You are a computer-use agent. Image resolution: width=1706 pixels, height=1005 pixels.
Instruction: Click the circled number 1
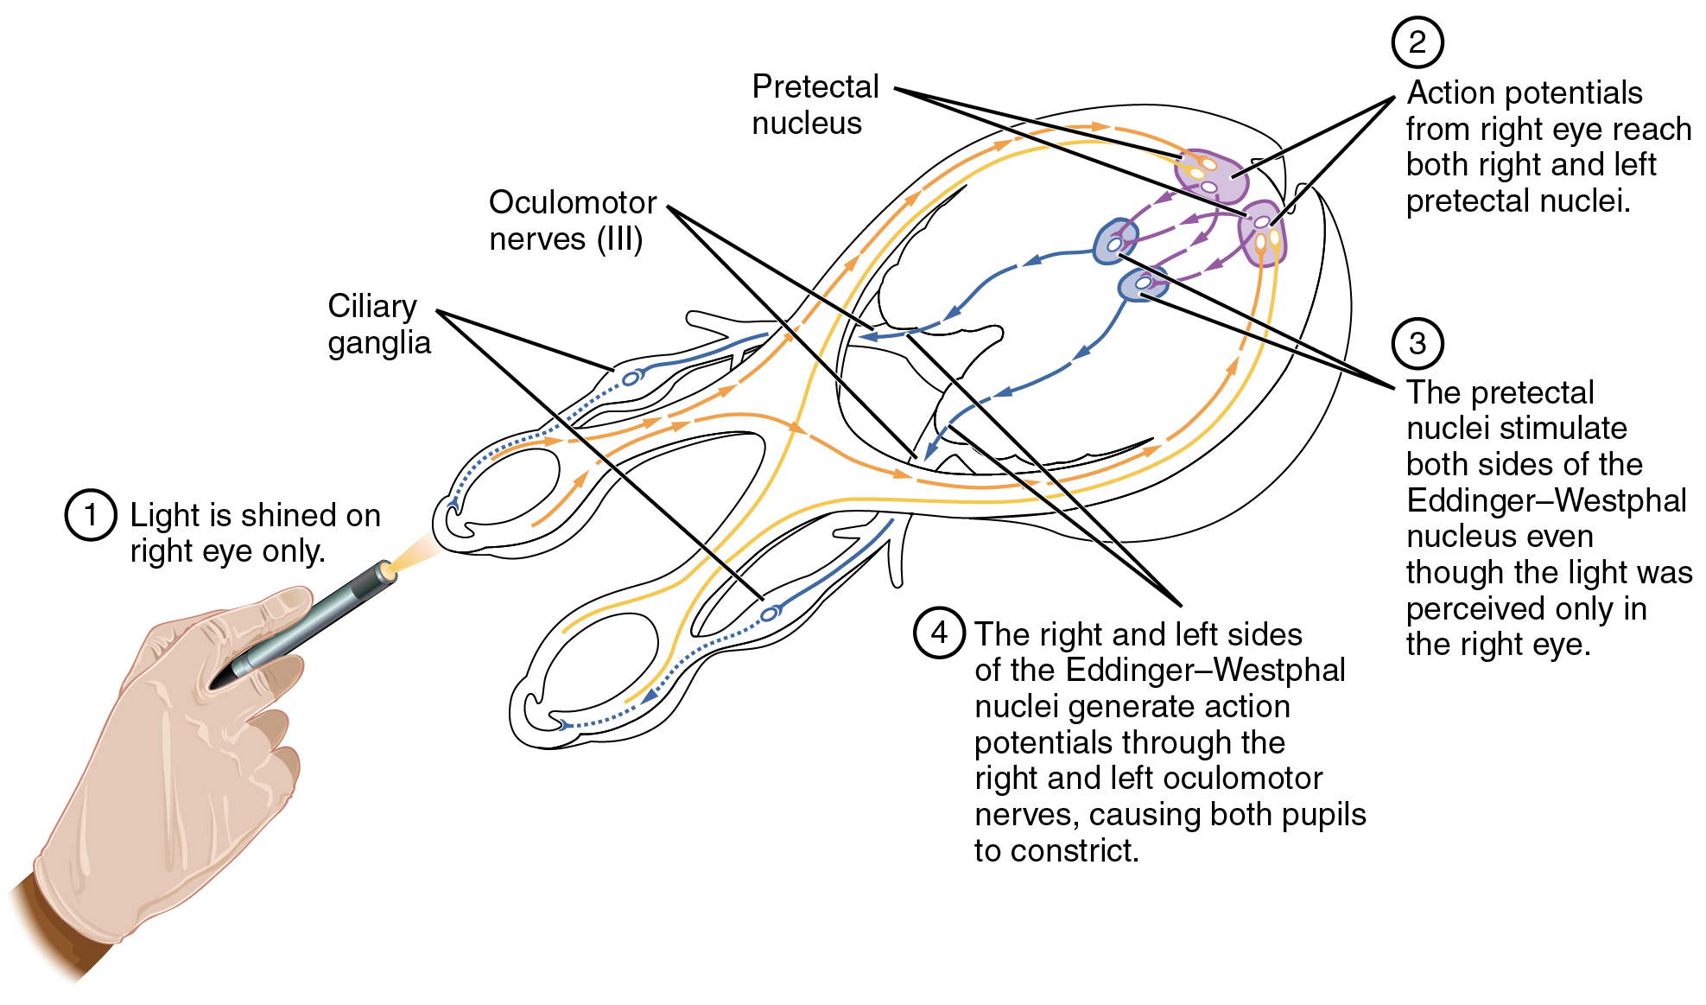[91, 515]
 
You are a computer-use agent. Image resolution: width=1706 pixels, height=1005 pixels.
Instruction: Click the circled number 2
[1417, 42]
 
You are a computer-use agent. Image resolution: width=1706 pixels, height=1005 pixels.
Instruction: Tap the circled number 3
[1417, 343]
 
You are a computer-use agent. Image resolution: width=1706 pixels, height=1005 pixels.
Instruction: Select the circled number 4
[939, 633]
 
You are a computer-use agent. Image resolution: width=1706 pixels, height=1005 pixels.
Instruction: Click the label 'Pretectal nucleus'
[814, 105]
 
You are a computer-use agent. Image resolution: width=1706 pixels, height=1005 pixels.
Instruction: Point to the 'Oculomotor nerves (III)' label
[572, 220]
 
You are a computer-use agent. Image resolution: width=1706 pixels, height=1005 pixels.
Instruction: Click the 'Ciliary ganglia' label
[378, 324]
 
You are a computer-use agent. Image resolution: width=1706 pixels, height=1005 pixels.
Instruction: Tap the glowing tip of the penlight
[388, 569]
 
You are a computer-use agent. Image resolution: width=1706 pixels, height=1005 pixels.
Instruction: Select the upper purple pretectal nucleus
[1212, 175]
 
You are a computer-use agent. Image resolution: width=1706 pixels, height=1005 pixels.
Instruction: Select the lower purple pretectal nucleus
[1262, 232]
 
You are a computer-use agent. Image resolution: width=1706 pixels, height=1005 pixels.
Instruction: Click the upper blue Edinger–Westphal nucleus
[1115, 241]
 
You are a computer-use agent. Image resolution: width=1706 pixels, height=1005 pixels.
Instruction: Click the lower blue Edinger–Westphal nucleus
[1143, 283]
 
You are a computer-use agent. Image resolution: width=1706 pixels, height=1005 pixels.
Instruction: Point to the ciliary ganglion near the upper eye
[631, 378]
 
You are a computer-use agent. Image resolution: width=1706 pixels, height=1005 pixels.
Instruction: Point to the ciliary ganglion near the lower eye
[770, 614]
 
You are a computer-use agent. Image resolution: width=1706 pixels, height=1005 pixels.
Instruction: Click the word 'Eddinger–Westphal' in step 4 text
[1205, 671]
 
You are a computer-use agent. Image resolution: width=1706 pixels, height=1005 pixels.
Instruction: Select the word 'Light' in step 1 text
[165, 516]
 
